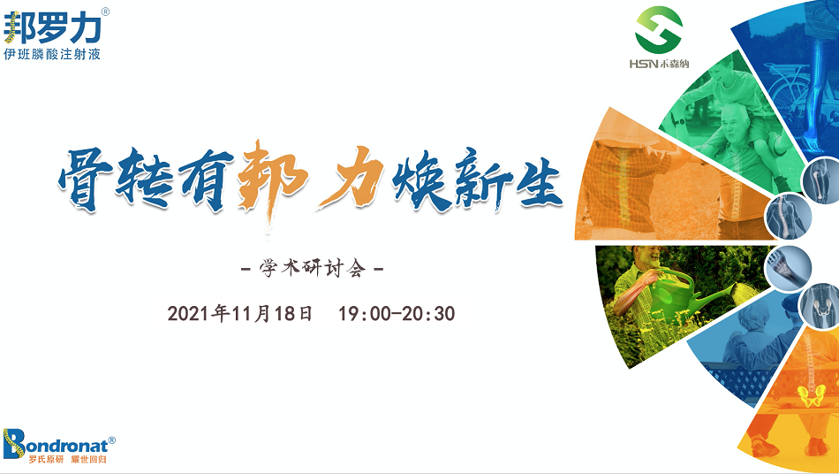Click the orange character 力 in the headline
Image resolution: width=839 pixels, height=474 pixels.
[352, 178]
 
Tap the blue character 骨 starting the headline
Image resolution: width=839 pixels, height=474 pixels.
[86, 179]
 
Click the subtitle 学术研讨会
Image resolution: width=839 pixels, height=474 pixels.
[313, 267]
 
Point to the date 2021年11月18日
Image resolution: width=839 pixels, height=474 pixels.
[240, 313]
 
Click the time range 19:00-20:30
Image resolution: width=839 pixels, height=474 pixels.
[397, 313]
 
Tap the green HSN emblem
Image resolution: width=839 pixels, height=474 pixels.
[659, 29]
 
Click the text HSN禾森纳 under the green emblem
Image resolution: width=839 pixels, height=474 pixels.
[659, 64]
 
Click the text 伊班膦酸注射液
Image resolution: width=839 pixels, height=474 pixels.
[52, 54]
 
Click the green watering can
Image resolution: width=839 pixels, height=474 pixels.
[685, 294]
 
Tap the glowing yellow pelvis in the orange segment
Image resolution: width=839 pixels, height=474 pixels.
[811, 395]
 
